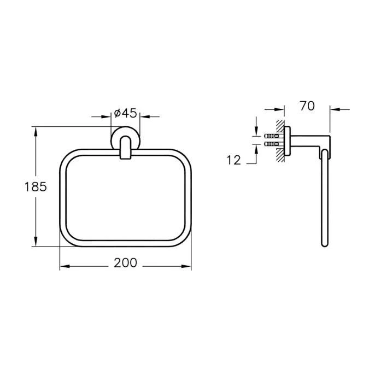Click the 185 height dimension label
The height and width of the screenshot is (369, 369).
[x=36, y=187]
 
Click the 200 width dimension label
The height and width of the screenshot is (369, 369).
[x=125, y=262]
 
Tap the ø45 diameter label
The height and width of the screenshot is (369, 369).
[x=125, y=113]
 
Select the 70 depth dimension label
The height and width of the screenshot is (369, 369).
[x=307, y=106]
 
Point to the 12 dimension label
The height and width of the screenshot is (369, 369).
[x=233, y=160]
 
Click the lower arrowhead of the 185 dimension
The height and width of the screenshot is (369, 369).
[x=36, y=242]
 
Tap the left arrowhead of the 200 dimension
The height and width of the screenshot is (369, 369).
[x=65, y=266]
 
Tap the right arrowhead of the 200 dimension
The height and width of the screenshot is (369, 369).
[x=186, y=266]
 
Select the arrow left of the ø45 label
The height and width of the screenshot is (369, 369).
[x=101, y=116]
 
